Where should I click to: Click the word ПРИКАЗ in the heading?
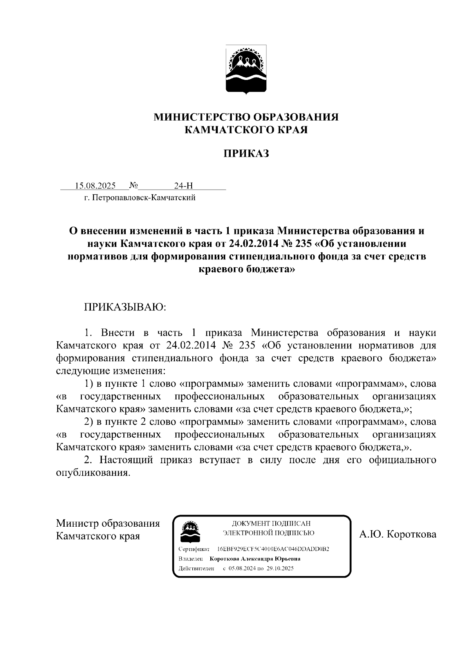click(x=246, y=154)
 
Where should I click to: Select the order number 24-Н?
click(x=184, y=186)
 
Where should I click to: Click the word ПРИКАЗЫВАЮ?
click(x=125, y=307)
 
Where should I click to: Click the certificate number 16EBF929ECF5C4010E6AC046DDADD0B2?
click(x=273, y=549)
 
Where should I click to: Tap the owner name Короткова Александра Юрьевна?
click(x=255, y=559)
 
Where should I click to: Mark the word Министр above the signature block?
click(x=77, y=524)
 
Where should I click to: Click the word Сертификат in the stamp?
click(x=194, y=549)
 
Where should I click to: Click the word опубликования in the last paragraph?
click(x=92, y=473)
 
